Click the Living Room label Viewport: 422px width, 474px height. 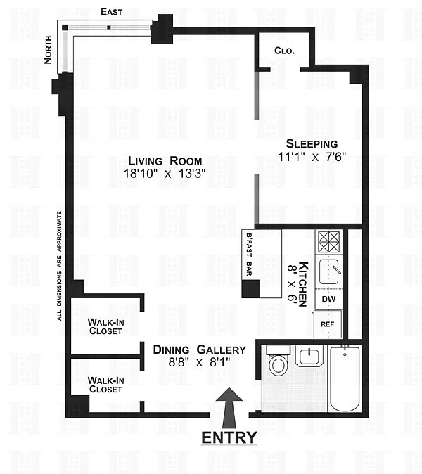[165, 161]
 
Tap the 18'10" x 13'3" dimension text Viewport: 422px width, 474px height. [165, 174]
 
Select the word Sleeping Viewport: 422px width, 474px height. [312, 144]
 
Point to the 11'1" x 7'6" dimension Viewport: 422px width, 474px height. [312, 157]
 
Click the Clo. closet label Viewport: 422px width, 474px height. [284, 51]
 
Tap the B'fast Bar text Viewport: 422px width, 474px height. [249, 255]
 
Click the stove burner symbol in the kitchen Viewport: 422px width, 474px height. [328, 242]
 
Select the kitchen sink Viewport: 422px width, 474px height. [329, 271]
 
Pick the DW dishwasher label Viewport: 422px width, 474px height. [328, 299]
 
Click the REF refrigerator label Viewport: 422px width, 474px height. [327, 324]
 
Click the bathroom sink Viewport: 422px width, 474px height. [309, 357]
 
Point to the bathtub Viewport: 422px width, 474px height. [345, 379]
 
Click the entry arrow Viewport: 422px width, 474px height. [229, 408]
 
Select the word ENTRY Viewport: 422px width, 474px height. [229, 437]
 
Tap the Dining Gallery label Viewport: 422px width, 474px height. [200, 350]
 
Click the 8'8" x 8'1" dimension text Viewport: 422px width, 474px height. [199, 362]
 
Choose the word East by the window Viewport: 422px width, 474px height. [112, 12]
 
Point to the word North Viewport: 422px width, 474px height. [48, 50]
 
